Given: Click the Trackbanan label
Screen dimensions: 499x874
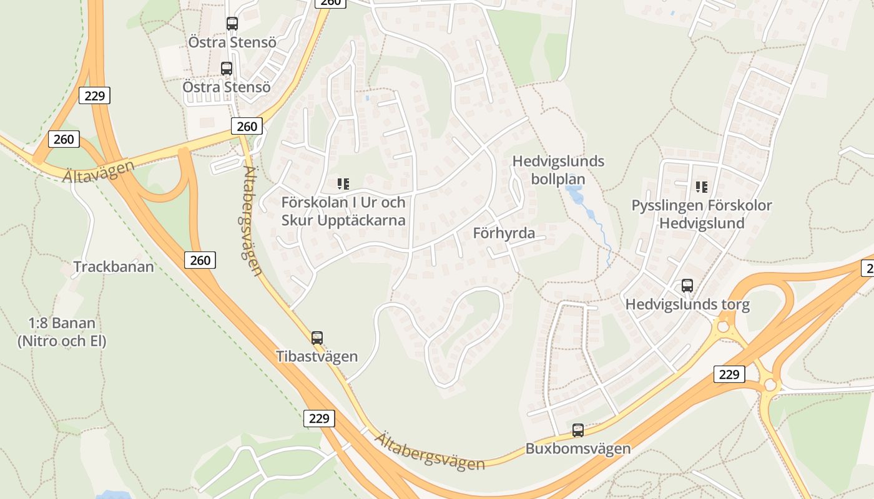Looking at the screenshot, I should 114,267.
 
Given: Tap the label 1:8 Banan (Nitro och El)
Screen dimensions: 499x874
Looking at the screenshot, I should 62,332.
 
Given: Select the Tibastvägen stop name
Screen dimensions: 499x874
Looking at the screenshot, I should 317,356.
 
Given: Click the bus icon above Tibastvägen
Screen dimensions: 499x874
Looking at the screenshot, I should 317,338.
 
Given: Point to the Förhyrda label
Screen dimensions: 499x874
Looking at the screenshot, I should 504,233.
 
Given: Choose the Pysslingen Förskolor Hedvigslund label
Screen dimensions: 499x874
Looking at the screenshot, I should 702,214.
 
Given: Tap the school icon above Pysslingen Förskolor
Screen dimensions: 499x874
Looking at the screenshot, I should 701,187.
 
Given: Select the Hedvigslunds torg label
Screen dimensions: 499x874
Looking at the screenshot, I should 687,305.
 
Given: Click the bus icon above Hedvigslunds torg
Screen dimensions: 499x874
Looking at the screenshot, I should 687,286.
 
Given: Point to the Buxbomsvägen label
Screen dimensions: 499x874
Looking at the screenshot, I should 578,448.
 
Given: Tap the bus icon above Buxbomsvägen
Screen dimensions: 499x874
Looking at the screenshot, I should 578,430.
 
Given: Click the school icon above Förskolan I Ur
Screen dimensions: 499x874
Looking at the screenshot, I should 343,184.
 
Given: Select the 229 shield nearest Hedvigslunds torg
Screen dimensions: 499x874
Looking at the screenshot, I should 729,374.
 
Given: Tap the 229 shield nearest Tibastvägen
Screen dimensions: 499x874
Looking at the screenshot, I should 319,418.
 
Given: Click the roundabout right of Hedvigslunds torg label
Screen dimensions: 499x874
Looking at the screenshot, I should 724,326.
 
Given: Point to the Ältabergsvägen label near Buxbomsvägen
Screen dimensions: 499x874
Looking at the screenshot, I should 430,451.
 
